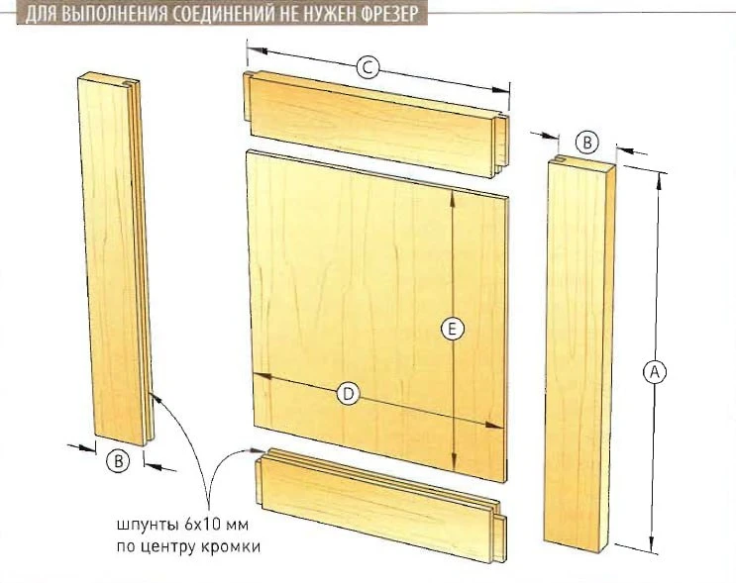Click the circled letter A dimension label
coord(654,372)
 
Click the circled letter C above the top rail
coord(368,68)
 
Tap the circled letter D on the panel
coord(348,394)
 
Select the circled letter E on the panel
coord(452,329)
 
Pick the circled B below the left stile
coord(118,461)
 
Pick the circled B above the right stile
coord(586,143)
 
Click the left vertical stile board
coord(116,259)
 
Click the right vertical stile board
coord(580,352)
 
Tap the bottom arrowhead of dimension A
coord(652,545)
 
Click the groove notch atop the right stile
coord(560,158)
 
